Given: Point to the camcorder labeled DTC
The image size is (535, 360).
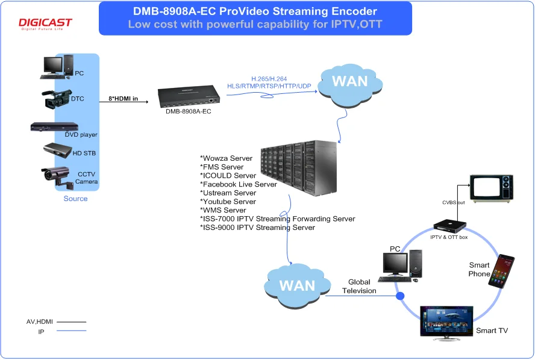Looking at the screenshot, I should pyautogui.click(x=57, y=98).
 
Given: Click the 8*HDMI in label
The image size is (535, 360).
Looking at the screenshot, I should pyautogui.click(x=123, y=98).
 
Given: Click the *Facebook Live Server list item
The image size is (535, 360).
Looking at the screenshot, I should pyautogui.click(x=239, y=184).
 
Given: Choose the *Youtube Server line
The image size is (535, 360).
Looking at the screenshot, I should pyautogui.click(x=228, y=202).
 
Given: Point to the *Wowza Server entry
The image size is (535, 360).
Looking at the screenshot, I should pyautogui.click(x=227, y=158).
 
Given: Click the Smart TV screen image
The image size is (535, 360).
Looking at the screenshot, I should pyautogui.click(x=446, y=322).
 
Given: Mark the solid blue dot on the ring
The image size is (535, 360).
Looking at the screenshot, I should pyautogui.click(x=400, y=295).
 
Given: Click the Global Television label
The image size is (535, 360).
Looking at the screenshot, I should pyautogui.click(x=359, y=287).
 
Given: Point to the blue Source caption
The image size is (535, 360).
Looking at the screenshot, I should pyautogui.click(x=75, y=199).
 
